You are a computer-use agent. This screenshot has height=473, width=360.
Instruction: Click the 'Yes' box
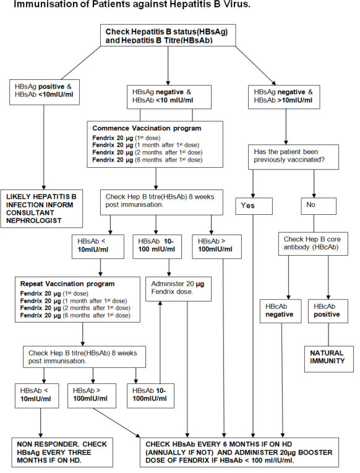coord(254,206)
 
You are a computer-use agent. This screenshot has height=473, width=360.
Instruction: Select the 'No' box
coord(319,206)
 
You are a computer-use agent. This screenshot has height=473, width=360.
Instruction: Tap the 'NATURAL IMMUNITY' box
coord(328,359)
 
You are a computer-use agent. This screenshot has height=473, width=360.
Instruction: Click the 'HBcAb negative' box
coord(280,311)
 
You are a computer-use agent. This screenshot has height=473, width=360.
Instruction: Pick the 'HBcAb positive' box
coord(328,311)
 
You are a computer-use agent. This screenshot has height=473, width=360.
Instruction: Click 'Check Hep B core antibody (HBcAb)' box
coord(313,244)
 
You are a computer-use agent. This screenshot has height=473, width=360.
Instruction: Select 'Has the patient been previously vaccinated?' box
coord(293,157)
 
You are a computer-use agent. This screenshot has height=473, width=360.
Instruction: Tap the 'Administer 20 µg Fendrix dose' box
coord(178,289)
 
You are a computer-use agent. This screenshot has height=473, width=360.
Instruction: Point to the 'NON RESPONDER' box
coord(62,453)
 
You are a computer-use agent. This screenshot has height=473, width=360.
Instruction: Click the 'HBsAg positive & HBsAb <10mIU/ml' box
coord(45,92)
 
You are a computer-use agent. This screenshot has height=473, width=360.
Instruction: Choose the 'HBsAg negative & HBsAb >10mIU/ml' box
coord(284,97)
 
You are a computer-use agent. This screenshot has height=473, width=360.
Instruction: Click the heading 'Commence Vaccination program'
coord(147,128)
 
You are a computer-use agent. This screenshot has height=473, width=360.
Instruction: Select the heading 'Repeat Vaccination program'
coord(67,284)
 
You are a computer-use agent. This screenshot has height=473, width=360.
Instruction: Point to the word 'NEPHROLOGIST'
coord(34,220)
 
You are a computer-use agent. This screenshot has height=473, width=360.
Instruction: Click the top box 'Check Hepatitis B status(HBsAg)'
coord(168,35)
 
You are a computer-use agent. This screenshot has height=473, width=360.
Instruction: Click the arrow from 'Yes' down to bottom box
coord(253,326)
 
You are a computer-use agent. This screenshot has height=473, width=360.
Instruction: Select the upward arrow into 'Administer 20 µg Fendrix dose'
coord(160,342)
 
